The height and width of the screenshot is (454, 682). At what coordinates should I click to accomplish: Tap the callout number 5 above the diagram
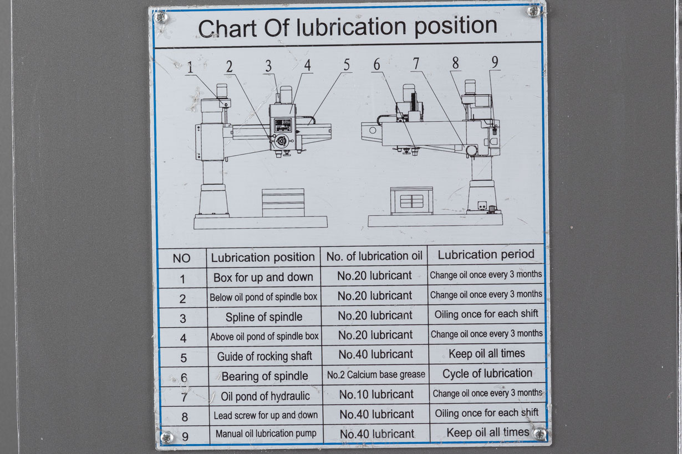pos(347,65)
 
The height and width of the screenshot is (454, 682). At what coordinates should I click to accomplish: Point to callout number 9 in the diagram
pos(494,62)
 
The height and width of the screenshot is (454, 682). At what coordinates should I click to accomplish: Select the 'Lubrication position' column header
pos(263,257)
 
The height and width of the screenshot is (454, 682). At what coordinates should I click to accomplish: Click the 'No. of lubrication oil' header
pos(374,256)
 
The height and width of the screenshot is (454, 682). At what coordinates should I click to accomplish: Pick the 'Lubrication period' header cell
pos(486,255)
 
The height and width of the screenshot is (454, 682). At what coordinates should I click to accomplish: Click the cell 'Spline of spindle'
pos(264,317)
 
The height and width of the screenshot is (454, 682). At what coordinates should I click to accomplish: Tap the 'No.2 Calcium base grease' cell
pos(376,375)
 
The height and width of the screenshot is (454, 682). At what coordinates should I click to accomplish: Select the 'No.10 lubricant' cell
pos(376,395)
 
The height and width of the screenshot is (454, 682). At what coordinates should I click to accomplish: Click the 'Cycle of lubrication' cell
pos(487,374)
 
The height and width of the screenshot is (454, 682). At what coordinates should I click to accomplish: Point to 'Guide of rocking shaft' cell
pos(264,357)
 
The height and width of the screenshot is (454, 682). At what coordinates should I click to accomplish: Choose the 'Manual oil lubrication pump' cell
pos(266,434)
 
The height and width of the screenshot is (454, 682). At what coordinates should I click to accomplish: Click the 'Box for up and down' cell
pos(263,277)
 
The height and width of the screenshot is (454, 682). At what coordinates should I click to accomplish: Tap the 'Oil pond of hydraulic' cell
pos(265,396)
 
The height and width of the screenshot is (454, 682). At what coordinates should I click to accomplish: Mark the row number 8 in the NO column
pos(185,417)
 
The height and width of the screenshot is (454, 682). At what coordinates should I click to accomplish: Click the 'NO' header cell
pos(181,259)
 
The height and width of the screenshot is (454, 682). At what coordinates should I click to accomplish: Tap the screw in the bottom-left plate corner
pos(166,437)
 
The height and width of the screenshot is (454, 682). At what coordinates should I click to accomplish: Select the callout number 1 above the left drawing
pos(190,68)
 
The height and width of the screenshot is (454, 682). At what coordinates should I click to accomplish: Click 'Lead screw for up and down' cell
pos(266,415)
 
